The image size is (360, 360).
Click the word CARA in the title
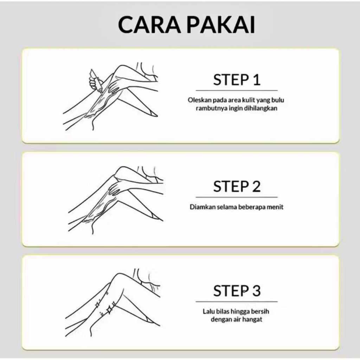(x=149, y=25)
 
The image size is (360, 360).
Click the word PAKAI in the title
(x=221, y=25)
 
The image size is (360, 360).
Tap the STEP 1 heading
(x=237, y=80)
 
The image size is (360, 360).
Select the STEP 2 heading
(x=237, y=186)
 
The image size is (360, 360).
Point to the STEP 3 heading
(x=237, y=291)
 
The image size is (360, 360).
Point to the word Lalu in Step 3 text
(x=207, y=311)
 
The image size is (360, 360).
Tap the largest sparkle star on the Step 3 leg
(x=109, y=310)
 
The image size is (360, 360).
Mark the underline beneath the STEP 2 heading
(x=237, y=197)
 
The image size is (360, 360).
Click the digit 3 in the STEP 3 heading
(x=256, y=291)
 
